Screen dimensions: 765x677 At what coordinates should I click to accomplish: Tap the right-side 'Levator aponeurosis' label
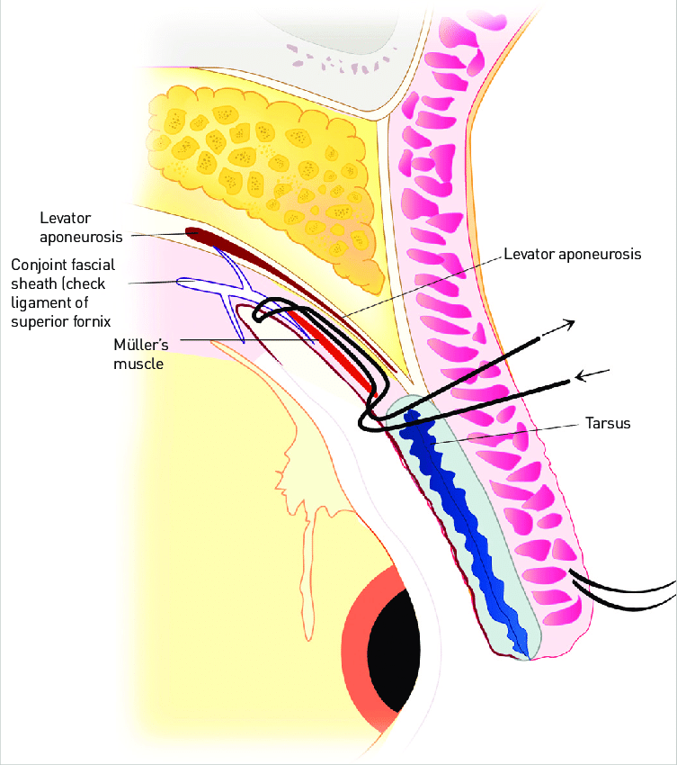click(x=573, y=255)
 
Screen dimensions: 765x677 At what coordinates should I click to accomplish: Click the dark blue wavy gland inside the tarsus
click(x=468, y=522)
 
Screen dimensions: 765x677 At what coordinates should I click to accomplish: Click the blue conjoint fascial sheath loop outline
click(x=202, y=284)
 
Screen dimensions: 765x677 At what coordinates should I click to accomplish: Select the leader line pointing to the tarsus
click(x=503, y=434)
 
